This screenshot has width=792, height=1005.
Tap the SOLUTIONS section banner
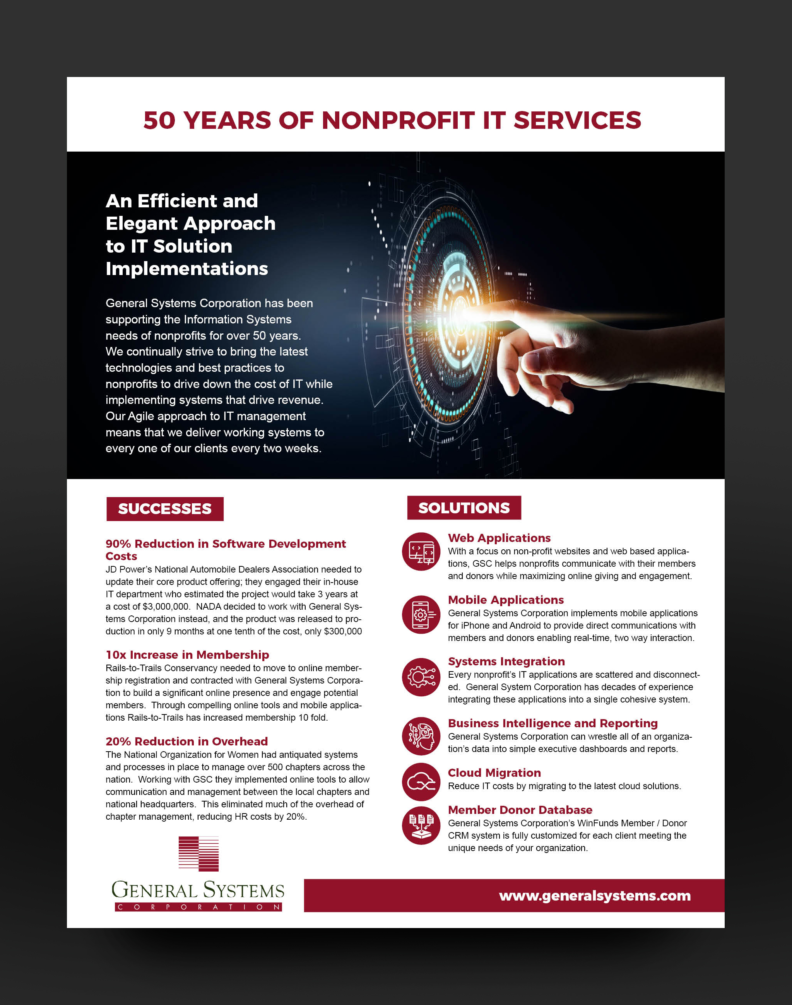tap(464, 508)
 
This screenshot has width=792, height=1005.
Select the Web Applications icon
tap(421, 551)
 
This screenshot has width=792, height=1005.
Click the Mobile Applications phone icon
tap(421, 614)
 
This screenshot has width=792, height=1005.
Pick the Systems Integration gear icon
tap(421, 677)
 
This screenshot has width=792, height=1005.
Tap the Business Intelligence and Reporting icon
tap(421, 736)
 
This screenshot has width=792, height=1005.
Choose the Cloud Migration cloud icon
tap(421, 782)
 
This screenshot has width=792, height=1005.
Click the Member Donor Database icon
tap(421, 825)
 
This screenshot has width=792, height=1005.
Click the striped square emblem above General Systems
tap(198, 853)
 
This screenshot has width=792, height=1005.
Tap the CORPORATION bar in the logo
tap(198, 907)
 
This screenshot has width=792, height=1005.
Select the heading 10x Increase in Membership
tap(187, 655)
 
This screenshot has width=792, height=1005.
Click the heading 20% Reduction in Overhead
tap(186, 741)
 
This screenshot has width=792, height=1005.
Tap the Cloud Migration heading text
tap(494, 773)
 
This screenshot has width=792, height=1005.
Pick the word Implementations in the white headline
tap(186, 269)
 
